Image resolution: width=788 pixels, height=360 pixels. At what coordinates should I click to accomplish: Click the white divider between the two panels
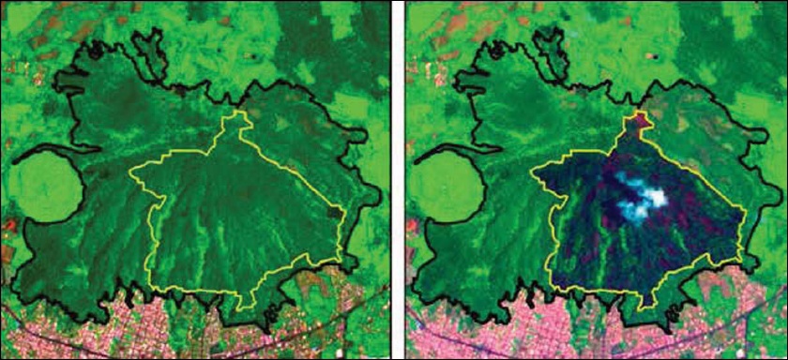[395, 180]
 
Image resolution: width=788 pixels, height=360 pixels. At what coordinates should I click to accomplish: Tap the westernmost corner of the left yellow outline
[129, 172]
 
